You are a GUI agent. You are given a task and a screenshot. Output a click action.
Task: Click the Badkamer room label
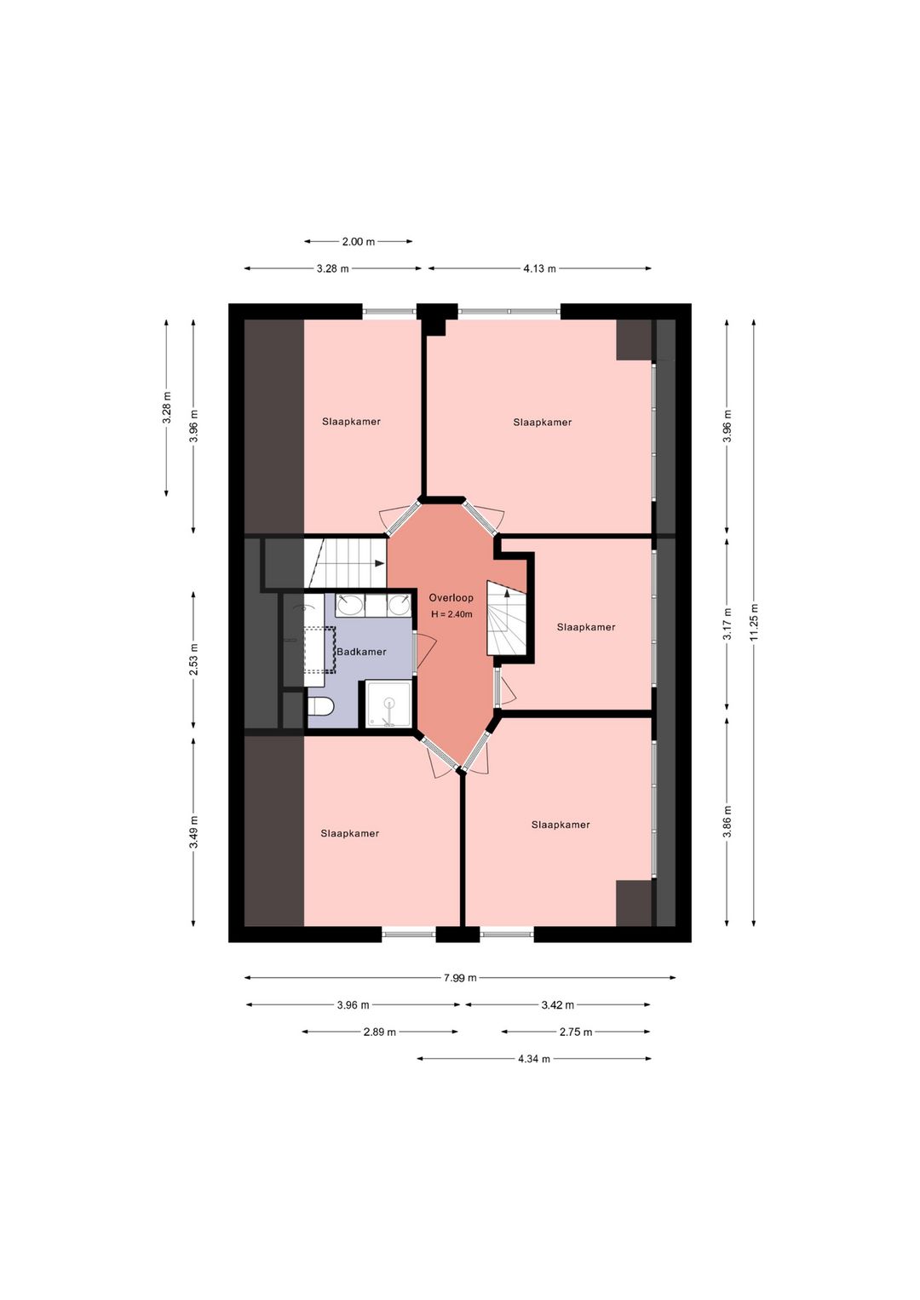pyautogui.click(x=362, y=652)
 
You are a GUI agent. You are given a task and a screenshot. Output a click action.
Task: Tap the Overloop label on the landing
pyautogui.click(x=451, y=598)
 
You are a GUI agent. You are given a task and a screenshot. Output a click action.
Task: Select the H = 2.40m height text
pyautogui.click(x=451, y=614)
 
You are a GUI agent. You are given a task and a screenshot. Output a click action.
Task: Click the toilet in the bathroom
pyautogui.click(x=319, y=707)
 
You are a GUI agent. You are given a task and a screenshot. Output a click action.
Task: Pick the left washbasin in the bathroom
pyautogui.click(x=350, y=606)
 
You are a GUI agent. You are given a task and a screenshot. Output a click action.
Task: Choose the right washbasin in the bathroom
pyautogui.click(x=400, y=606)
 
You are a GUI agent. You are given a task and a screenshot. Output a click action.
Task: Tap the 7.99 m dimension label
pyautogui.click(x=460, y=978)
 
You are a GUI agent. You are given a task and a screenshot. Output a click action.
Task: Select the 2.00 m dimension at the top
pyautogui.click(x=358, y=241)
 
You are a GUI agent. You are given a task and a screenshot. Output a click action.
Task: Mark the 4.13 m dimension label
pyautogui.click(x=539, y=268)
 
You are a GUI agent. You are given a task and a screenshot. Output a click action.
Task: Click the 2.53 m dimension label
pyautogui.click(x=194, y=660)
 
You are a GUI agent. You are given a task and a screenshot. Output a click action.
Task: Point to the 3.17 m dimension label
pyautogui.click(x=727, y=624)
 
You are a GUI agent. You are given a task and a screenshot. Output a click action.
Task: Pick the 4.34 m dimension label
pyautogui.click(x=533, y=1059)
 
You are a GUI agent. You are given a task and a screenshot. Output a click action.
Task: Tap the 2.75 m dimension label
pyautogui.click(x=576, y=1032)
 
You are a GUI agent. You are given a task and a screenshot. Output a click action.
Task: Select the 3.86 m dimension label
pyautogui.click(x=727, y=821)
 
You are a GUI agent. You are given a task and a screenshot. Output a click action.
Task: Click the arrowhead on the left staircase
pyautogui.click(x=380, y=563)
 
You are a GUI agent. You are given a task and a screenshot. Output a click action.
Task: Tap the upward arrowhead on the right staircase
pyautogui.click(x=507, y=593)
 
